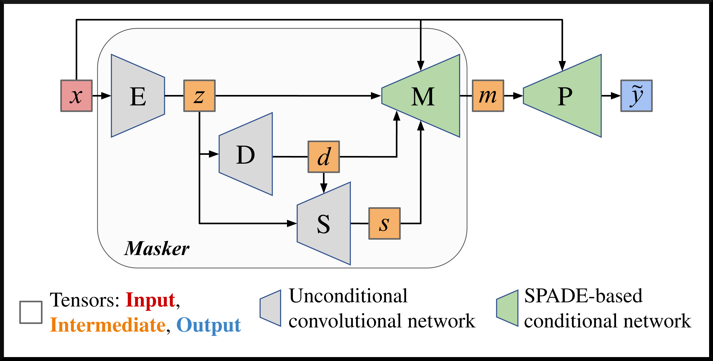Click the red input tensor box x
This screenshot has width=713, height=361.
click(x=76, y=96)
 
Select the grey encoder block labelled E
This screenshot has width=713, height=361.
click(x=138, y=96)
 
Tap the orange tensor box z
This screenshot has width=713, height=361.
click(x=199, y=96)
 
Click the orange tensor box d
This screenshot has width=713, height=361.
click(x=324, y=157)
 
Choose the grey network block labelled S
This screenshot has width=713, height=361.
click(x=324, y=224)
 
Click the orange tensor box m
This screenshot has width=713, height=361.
click(x=488, y=96)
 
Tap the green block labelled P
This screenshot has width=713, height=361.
click(x=565, y=96)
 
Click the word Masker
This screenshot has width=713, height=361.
click(x=157, y=248)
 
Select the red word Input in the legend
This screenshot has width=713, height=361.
click(x=150, y=300)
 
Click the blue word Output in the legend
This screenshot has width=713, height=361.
click(x=208, y=325)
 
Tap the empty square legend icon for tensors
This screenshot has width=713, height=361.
click(x=31, y=312)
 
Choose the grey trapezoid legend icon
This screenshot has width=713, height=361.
click(x=271, y=308)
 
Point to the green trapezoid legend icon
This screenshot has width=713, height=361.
click(x=507, y=308)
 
